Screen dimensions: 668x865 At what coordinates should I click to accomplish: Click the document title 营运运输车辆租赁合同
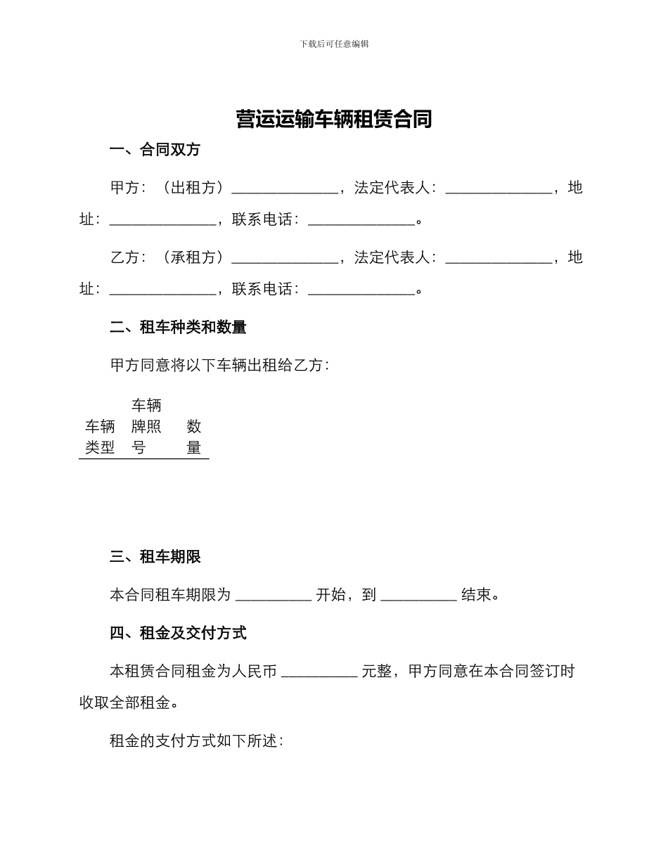point(334,120)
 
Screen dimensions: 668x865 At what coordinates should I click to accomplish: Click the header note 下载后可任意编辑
point(334,44)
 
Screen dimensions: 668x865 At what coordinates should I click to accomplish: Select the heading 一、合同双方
point(155,150)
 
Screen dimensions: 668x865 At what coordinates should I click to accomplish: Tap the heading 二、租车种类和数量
point(178,327)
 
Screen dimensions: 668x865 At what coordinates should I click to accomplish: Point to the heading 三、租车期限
point(155,557)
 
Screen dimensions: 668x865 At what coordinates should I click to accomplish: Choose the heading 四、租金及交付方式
point(178,633)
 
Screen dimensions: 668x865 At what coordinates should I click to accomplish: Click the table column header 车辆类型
point(100,437)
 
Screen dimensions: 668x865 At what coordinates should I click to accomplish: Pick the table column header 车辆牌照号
point(146,426)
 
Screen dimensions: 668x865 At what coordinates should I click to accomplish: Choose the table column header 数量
point(194,437)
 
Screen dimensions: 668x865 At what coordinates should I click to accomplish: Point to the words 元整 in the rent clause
point(376,672)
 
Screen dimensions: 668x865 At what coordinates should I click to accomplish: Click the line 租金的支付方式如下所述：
point(196,741)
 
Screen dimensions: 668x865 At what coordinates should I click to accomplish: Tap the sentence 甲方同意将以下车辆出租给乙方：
point(219,365)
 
